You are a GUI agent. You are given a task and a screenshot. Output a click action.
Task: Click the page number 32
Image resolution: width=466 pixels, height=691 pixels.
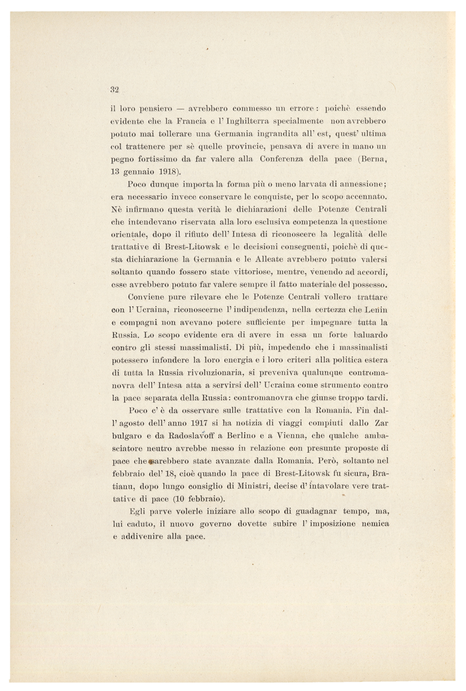(x=115, y=90)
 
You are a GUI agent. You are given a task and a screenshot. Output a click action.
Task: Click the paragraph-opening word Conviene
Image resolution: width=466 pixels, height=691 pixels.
(x=145, y=297)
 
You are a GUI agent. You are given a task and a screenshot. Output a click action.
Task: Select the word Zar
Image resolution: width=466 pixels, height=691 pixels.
(x=381, y=423)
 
